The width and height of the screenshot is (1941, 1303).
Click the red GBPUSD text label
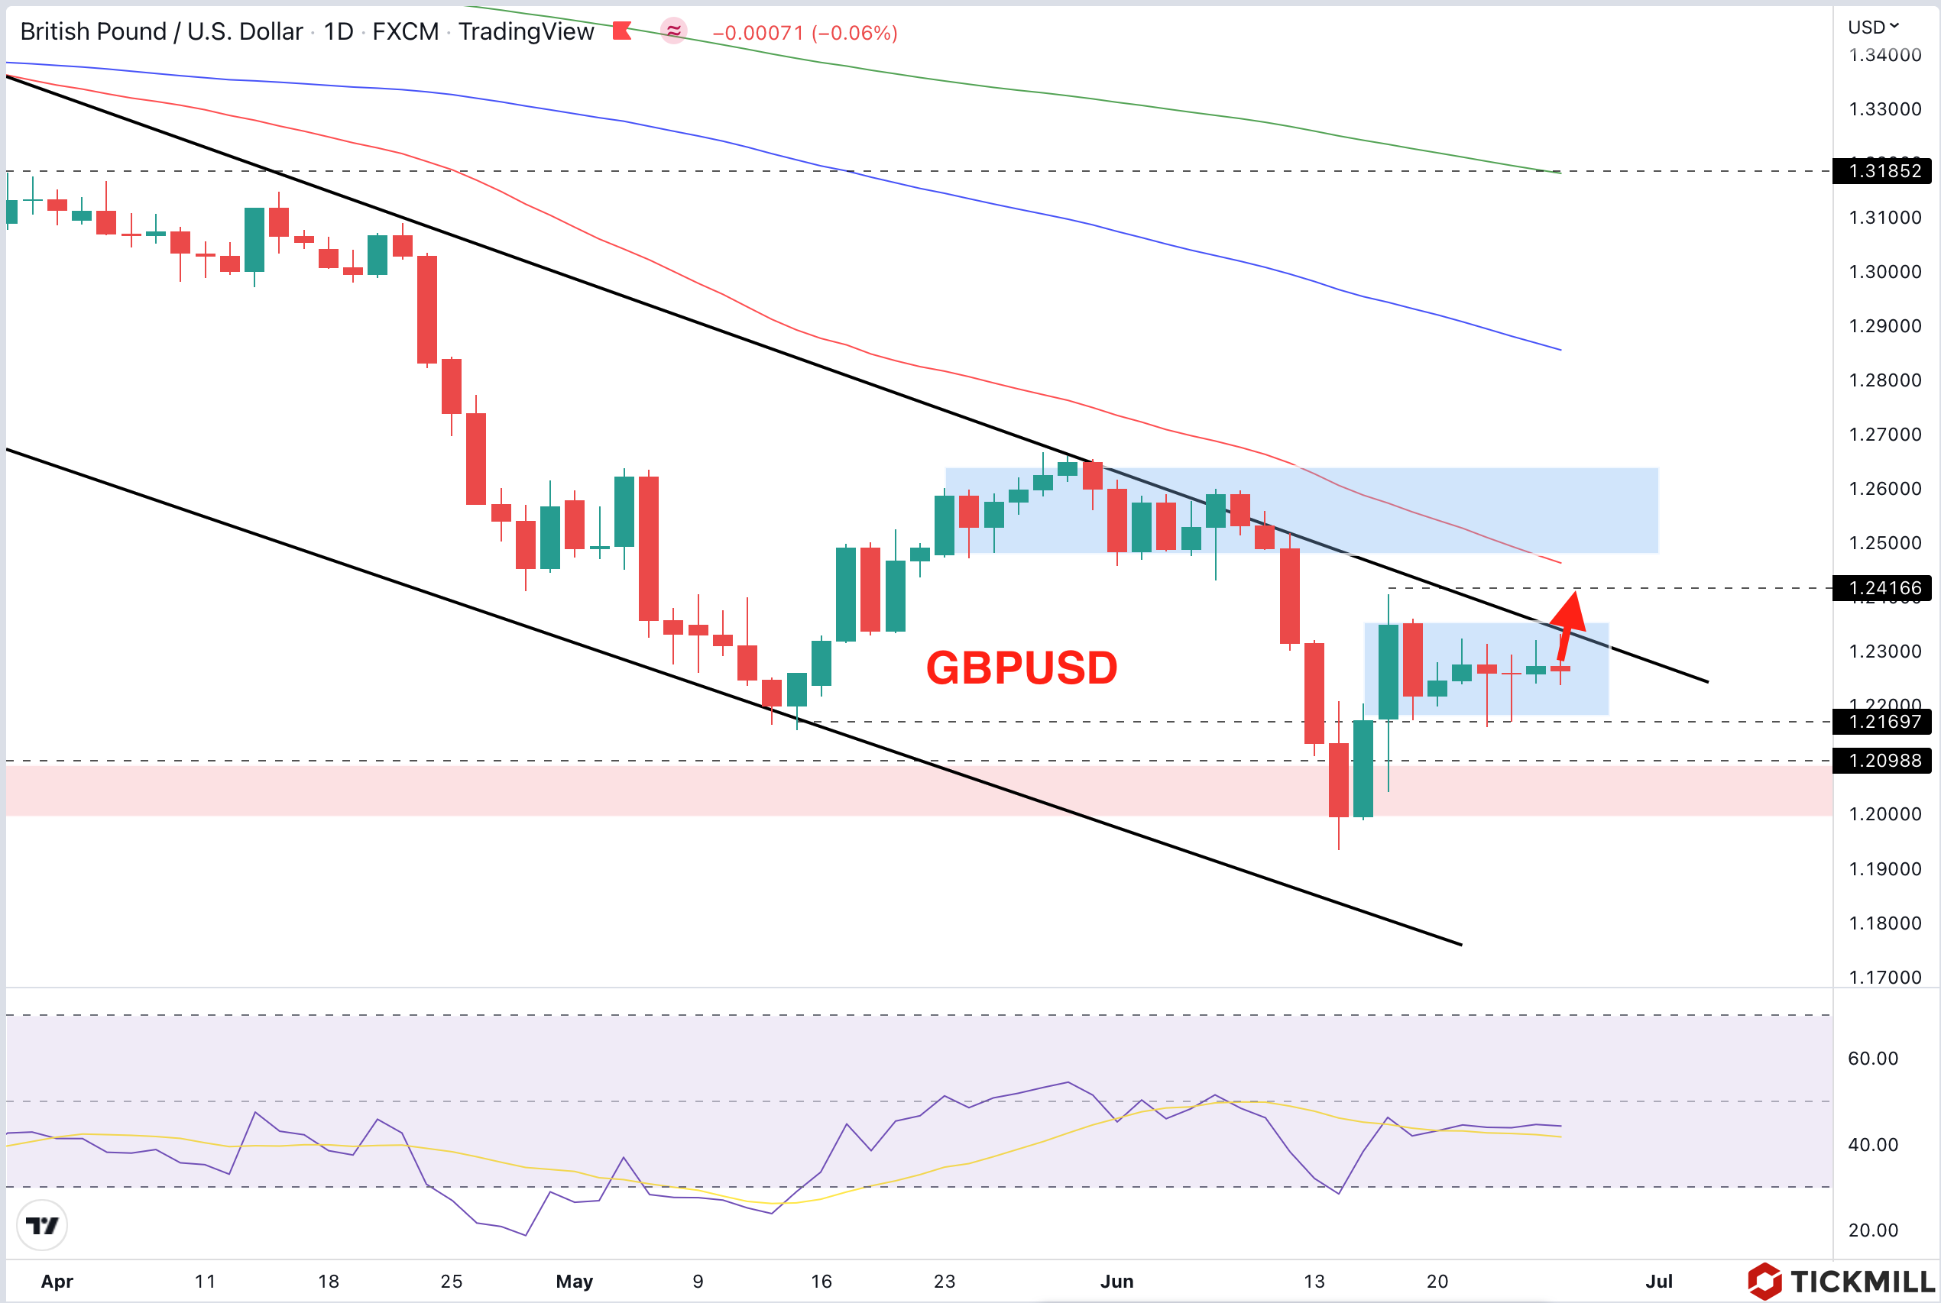click(x=1022, y=668)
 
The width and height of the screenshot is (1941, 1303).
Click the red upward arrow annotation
click(x=1569, y=623)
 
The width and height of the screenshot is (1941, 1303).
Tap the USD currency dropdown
click(x=1873, y=27)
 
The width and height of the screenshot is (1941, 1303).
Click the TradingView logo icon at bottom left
click(x=41, y=1225)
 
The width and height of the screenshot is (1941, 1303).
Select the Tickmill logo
click(x=1840, y=1282)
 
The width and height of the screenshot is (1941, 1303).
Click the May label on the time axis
click(x=575, y=1282)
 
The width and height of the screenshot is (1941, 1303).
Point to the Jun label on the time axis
click(x=1116, y=1282)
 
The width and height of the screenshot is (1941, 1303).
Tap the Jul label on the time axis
click(x=1658, y=1282)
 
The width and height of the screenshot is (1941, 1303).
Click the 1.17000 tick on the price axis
click(x=1884, y=978)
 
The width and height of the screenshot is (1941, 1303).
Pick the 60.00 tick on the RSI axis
click(x=1873, y=1059)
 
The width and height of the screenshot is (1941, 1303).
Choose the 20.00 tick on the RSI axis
click(x=1873, y=1230)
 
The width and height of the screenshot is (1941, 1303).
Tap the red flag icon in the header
click(x=622, y=31)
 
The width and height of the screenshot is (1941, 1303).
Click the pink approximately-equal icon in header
click(x=673, y=31)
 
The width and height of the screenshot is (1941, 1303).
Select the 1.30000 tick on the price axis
click(x=1884, y=272)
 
